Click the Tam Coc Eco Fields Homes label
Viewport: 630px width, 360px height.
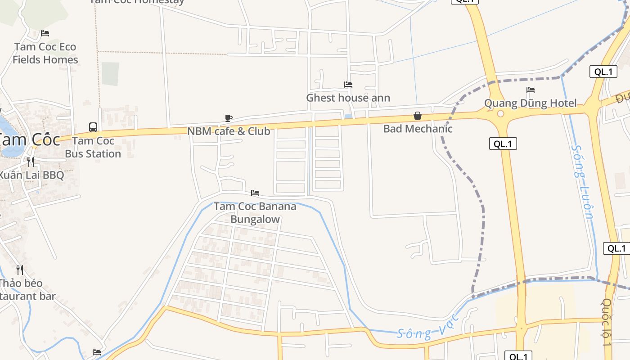[x=45, y=53]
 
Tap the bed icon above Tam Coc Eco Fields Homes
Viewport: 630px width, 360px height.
[x=45, y=33]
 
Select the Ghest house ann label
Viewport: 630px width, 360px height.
[x=348, y=98]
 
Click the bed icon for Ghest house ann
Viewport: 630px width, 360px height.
[x=348, y=84]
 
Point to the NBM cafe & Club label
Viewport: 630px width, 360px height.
[x=229, y=131]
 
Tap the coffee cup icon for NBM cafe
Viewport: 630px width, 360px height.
[x=229, y=118]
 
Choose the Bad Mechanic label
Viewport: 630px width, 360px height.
[x=418, y=129]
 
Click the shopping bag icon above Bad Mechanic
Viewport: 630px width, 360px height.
[x=418, y=116]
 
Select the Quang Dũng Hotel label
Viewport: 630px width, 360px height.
[x=530, y=103]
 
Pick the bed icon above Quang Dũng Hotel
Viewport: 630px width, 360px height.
[x=531, y=90]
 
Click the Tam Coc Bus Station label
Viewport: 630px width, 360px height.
[x=93, y=147]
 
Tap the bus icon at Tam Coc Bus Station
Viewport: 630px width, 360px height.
[x=93, y=127]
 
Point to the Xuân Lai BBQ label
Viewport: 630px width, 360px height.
[x=31, y=175]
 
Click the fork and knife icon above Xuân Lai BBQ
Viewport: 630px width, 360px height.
[x=31, y=162]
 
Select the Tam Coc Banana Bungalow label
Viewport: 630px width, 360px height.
[x=255, y=213]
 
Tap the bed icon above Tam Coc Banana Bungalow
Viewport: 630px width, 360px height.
[x=255, y=193]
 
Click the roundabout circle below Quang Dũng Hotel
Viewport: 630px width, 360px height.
[x=500, y=114]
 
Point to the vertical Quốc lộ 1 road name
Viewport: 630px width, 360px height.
[x=607, y=322]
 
